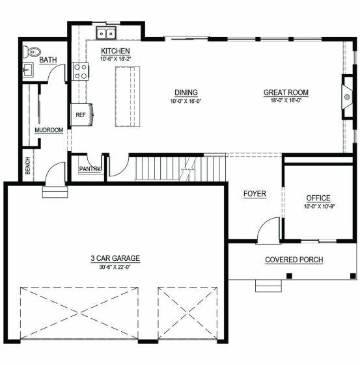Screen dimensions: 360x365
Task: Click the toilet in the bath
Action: point(32,52)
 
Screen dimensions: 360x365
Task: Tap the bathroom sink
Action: point(28,70)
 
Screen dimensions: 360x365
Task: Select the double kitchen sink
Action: point(106,33)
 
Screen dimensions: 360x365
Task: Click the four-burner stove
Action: point(80,72)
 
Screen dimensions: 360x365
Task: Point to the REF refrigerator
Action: point(81,115)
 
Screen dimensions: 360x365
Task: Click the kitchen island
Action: point(128,96)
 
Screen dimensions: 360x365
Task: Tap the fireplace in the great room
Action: point(347,97)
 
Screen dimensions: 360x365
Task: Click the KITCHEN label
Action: point(115,51)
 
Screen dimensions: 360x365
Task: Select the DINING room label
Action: point(186,92)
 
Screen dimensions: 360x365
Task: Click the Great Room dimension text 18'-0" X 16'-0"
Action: point(286,101)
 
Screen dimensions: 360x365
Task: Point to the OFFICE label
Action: point(318,198)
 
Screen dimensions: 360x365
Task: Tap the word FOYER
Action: point(255,194)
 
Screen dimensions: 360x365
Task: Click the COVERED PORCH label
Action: point(294,260)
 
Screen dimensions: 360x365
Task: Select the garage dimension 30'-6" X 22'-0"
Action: point(115,267)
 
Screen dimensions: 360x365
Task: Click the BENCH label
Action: point(28,166)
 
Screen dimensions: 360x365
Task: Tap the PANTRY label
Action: point(90,169)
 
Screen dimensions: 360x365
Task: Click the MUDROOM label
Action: point(49,130)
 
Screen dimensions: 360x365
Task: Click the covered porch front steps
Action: point(268,286)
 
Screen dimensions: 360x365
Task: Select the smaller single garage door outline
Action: point(187,314)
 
